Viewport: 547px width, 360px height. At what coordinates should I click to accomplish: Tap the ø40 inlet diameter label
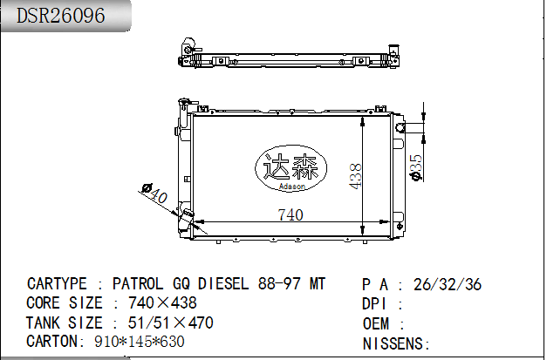coord(154,194)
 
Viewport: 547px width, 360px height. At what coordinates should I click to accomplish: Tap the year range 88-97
coord(279,284)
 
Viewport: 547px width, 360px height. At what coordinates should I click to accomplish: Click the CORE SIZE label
coord(65,303)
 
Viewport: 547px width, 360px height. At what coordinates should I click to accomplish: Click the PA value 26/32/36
coord(447,284)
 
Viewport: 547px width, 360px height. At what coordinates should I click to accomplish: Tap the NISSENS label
coord(392,343)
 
